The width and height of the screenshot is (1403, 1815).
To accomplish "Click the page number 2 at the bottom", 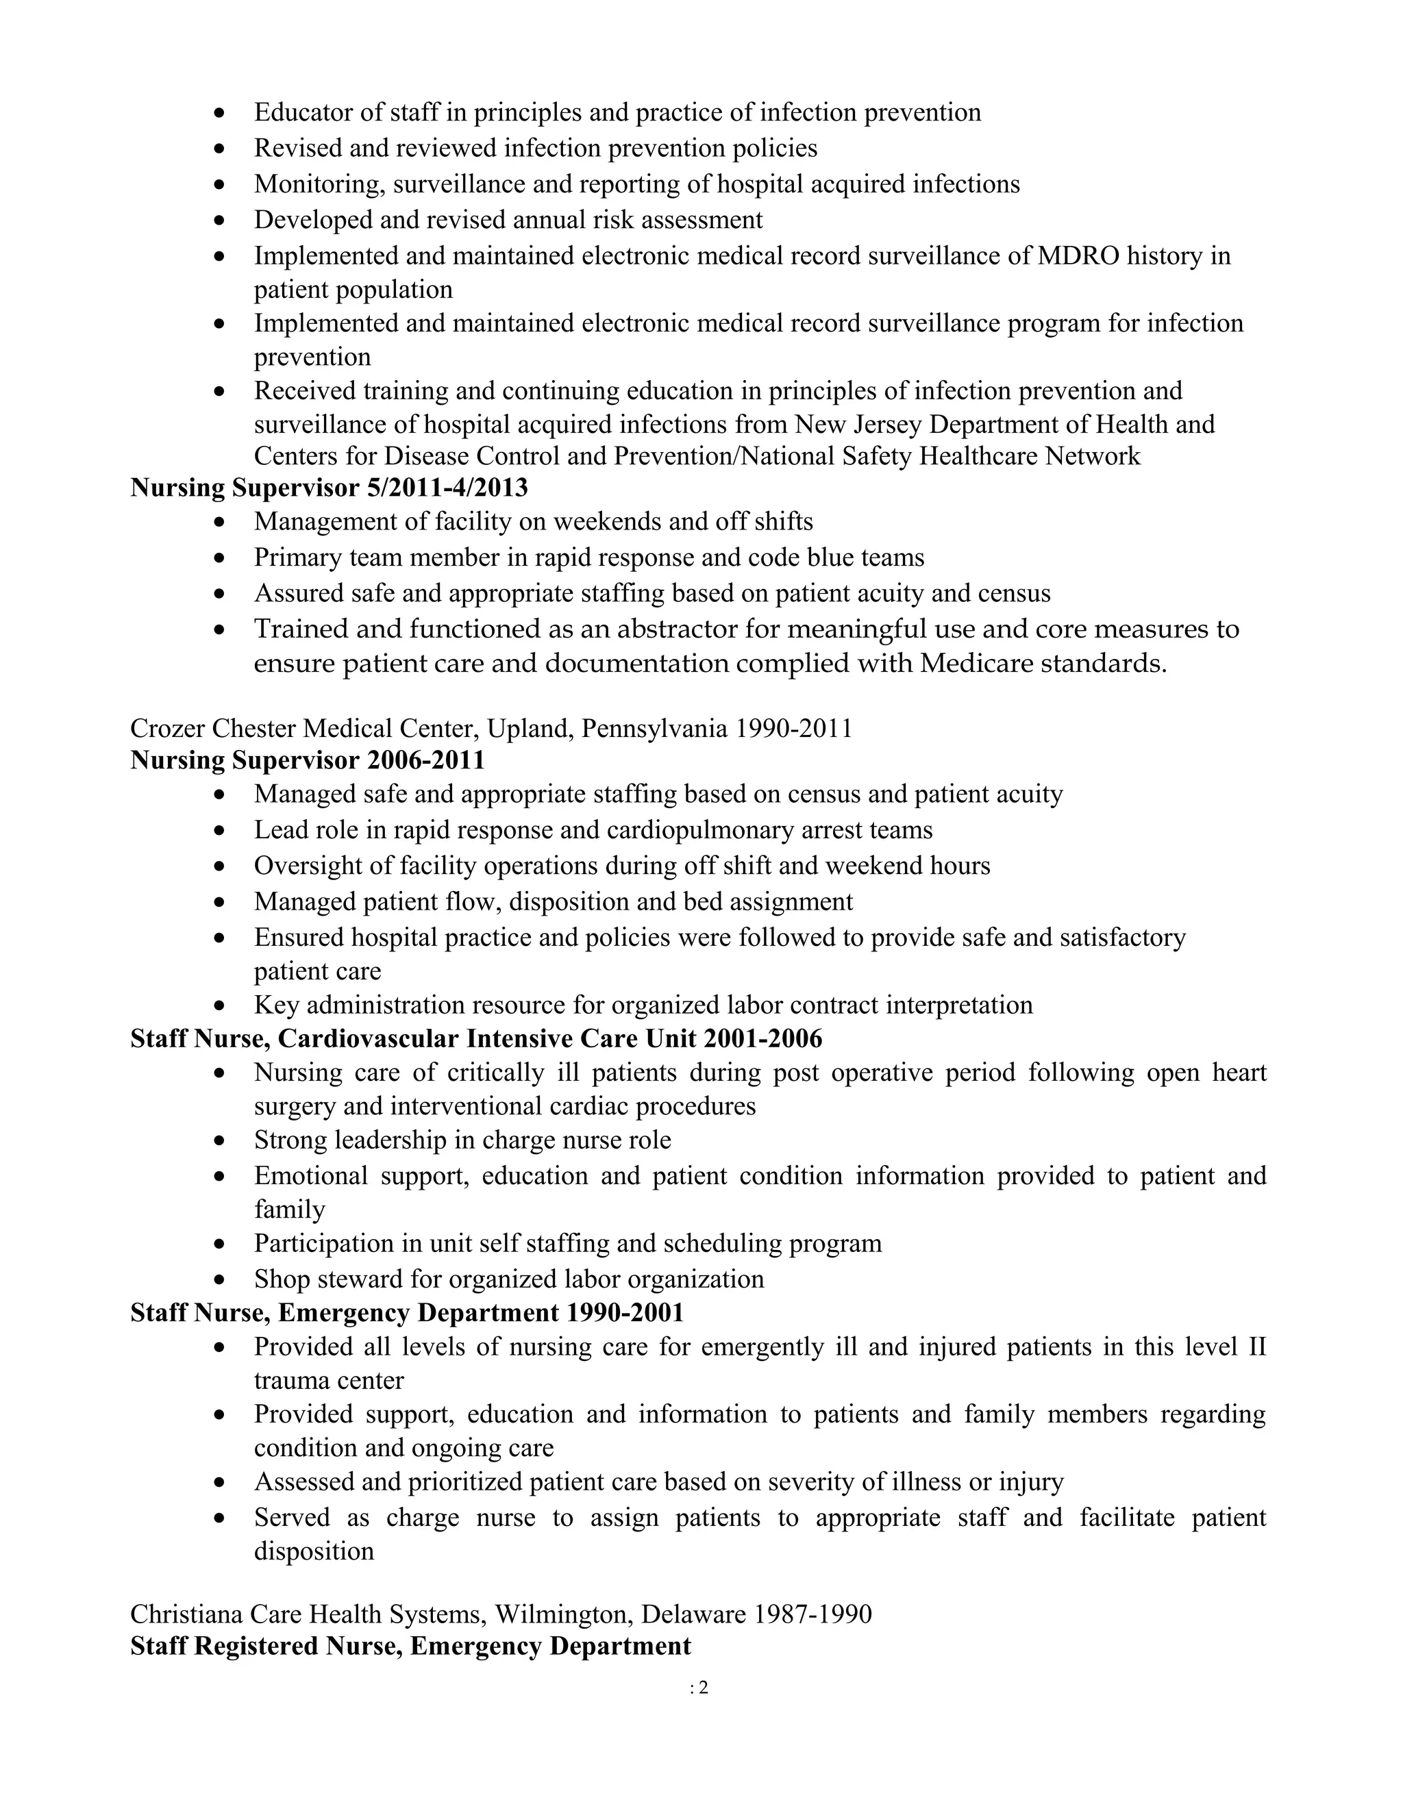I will [x=703, y=1688].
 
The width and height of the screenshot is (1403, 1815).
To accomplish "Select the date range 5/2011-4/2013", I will [x=447, y=488].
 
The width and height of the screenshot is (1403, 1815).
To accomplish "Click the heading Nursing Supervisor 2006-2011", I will [x=308, y=760].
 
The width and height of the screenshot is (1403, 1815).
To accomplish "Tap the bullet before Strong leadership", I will [x=219, y=1141].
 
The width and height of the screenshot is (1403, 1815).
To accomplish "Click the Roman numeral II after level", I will [x=1256, y=1347].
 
